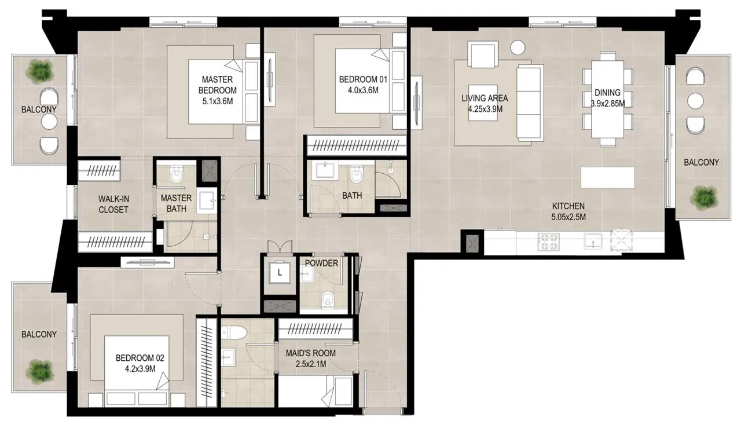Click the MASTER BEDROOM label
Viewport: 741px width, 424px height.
(217, 85)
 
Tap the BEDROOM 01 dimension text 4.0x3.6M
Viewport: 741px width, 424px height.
(363, 90)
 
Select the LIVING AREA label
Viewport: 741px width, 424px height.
(485, 98)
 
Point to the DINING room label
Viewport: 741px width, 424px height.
(607, 92)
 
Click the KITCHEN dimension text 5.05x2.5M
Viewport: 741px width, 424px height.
(568, 217)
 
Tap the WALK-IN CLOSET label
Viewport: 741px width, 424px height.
(113, 204)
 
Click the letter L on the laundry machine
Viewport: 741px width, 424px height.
(280, 273)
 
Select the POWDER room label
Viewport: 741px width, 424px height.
(321, 263)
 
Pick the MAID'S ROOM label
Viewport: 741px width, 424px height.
(311, 353)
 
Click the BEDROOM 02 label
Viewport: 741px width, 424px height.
(140, 358)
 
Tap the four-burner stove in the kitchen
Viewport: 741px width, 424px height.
(548, 242)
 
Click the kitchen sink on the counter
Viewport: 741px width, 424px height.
(593, 240)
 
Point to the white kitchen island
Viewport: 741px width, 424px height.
(608, 177)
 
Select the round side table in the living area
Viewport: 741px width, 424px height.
(518, 47)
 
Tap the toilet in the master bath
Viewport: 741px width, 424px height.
(176, 175)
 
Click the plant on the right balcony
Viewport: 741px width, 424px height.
(705, 198)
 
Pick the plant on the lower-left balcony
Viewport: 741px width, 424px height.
(40, 372)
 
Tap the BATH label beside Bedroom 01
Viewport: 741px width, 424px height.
(352, 196)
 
